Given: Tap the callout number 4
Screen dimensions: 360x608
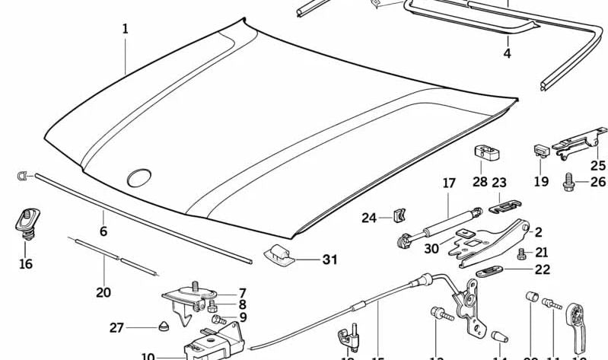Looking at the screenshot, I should click(x=507, y=53).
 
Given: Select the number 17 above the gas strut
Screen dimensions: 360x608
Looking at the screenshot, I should click(x=449, y=183).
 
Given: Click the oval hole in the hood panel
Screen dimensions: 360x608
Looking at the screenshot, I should click(x=139, y=178).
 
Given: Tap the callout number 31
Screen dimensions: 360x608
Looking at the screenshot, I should click(x=329, y=260).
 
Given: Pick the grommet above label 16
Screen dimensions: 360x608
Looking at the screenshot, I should click(x=24, y=220).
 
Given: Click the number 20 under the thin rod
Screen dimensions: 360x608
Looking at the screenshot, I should click(x=103, y=292).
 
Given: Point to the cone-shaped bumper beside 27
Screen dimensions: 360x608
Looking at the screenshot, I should click(x=164, y=328).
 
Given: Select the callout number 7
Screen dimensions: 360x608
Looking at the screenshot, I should click(x=242, y=293).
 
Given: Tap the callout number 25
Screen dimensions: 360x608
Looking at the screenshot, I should click(x=598, y=165).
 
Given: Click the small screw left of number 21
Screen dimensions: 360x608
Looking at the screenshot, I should click(x=521, y=253).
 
